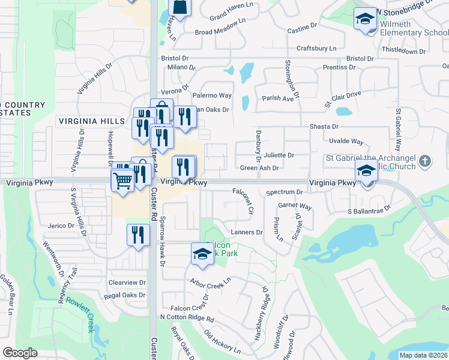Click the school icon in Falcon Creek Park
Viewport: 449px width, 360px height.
tap(202, 254)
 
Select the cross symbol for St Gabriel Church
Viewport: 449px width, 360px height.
tap(425, 160)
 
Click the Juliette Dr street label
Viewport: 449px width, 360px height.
tap(279, 155)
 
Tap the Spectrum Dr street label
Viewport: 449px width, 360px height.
tap(285, 192)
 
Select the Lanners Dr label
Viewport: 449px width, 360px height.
tap(247, 232)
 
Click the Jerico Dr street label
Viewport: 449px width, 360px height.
tap(61, 226)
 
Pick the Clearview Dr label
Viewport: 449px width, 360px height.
tap(127, 282)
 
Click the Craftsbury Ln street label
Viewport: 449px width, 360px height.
tap(316, 48)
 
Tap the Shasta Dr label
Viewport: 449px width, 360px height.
tap(324, 127)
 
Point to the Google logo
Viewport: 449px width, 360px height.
tap(20, 352)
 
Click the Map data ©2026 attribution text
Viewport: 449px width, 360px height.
tap(423, 355)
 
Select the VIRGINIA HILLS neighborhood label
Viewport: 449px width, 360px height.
tap(92, 121)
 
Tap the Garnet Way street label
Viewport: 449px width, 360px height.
tap(295, 206)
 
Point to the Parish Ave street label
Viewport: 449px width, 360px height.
tap(277, 98)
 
